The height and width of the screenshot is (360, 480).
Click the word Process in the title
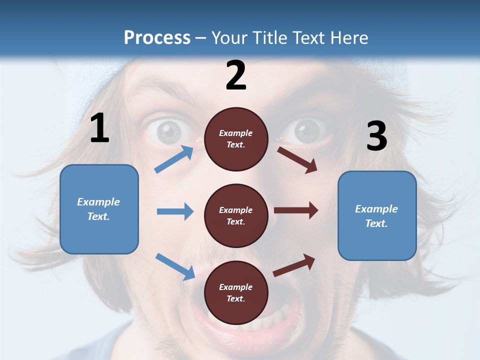point(157,37)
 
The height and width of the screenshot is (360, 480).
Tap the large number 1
point(99,128)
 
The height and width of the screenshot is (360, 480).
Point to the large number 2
point(236,75)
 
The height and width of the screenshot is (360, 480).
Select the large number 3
point(377,136)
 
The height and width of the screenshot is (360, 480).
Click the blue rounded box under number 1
point(99,209)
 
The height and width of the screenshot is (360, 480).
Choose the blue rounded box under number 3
point(377,215)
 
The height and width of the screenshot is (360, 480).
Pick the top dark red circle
point(236,139)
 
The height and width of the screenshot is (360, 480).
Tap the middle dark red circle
point(236,215)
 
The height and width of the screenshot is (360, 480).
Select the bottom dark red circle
point(236,292)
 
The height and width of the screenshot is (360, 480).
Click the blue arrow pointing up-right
point(174,159)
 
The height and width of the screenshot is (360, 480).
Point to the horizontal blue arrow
point(175,211)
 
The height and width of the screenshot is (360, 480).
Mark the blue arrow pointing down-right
point(175,266)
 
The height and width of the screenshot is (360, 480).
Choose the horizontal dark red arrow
point(296,210)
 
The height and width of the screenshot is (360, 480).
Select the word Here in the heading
point(349,37)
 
